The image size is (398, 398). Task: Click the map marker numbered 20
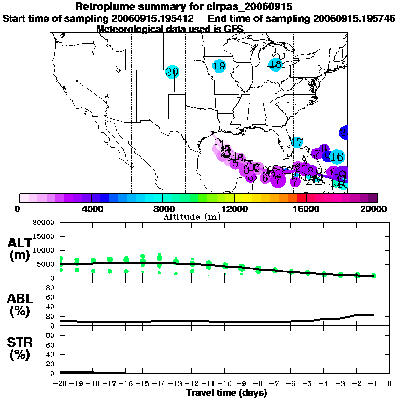(172, 72)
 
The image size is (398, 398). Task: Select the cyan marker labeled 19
(219, 66)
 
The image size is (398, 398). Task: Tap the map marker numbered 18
(275, 64)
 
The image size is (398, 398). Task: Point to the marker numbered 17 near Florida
(297, 142)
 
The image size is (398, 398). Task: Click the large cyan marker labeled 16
(336, 157)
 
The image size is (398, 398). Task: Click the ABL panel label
(19, 305)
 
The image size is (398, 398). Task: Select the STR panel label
(19, 349)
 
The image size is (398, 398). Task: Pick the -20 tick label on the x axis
(60, 384)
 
